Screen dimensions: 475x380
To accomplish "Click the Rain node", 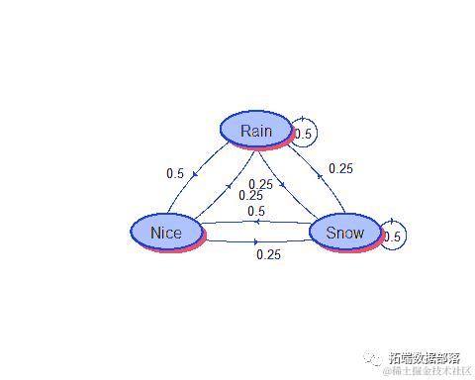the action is coord(254,130).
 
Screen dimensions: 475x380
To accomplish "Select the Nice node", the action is coord(166,233).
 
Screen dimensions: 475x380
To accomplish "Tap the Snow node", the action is coord(344,233).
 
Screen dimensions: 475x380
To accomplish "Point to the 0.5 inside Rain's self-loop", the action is coord(303,134).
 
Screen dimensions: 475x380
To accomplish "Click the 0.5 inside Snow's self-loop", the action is coord(392,237).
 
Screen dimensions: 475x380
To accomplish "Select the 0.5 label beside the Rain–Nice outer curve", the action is coord(175,174).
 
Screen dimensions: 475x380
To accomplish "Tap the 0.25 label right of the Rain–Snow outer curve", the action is coord(340,169).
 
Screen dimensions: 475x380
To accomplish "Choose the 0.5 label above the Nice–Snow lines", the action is coord(256,211).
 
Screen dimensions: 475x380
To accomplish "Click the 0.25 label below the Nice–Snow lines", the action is coord(268,254).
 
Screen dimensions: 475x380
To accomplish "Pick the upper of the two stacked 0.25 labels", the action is coord(261,184).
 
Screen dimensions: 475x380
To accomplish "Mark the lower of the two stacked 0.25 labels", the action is coord(251,195).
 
